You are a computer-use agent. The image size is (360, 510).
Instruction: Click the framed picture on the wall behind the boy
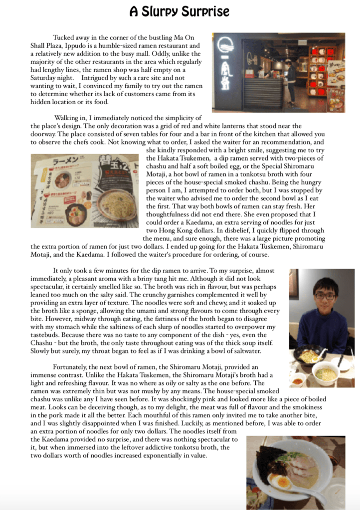[x=294, y=284]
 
